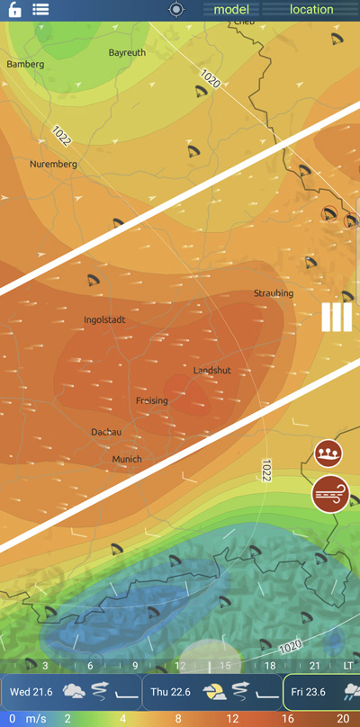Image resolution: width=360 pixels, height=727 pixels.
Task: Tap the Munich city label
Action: pos(127,459)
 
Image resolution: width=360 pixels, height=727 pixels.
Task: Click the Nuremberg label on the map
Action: pos(53,164)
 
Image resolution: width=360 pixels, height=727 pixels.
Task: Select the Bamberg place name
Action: pos(25,65)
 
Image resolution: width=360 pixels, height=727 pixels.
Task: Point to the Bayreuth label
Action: pos(127,53)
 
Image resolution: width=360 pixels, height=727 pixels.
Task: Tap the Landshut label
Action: pos(212,371)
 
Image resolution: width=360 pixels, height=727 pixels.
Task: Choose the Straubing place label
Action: pos(273,293)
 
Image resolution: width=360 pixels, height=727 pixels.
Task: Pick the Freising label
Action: pos(152,400)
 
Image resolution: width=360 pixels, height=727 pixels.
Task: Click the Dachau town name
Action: pos(106,432)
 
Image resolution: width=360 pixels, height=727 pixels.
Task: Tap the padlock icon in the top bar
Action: pos(14,10)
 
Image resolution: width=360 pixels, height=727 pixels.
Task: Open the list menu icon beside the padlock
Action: pos(40,10)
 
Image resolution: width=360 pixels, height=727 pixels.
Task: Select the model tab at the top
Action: pos(231,10)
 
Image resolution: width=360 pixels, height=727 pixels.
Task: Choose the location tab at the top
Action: pos(311,10)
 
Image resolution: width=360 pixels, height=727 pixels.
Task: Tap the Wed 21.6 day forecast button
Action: pos(71,692)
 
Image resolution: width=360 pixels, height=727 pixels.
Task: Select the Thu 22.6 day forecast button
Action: pos(212,692)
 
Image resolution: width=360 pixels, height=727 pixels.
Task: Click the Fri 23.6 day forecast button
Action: pos(323,692)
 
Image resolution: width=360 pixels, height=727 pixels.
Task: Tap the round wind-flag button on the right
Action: pos(328,494)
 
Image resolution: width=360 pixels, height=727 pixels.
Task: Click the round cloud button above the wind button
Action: pos(328,453)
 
